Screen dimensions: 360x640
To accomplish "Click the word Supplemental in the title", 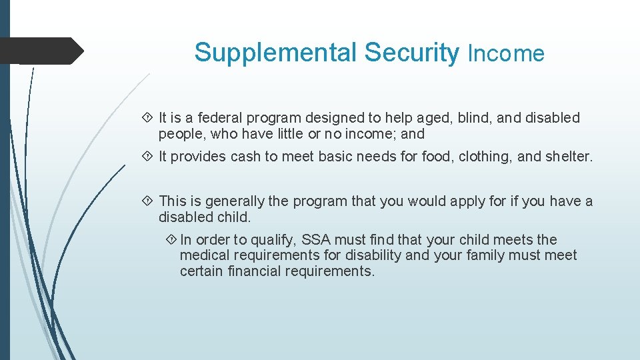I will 276,53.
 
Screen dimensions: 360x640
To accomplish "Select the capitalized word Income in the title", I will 506,53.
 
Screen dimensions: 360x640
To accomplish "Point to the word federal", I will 221,118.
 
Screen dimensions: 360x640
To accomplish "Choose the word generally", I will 235,201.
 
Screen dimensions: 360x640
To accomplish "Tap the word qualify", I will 273,240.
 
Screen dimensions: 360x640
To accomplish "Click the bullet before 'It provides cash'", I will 148,157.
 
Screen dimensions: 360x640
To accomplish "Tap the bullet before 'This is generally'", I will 148,201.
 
